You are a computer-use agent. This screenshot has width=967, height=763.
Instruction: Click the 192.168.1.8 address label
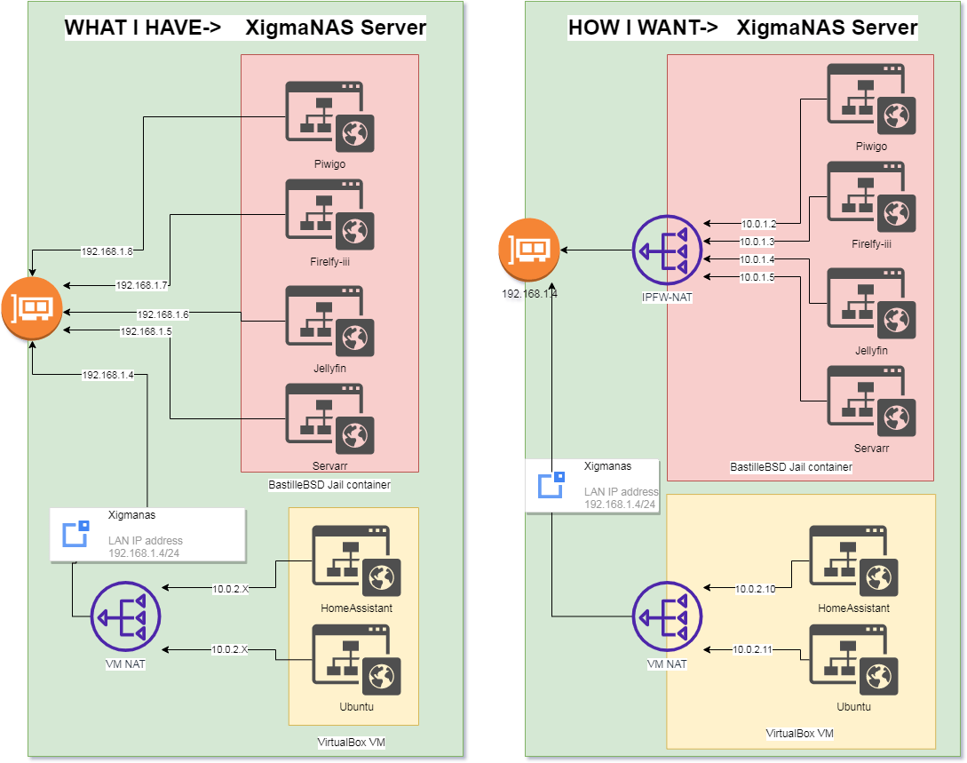[x=107, y=251]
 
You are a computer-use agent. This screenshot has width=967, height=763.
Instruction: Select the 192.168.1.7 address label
[x=142, y=285]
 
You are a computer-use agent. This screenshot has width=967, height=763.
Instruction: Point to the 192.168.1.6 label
[x=162, y=314]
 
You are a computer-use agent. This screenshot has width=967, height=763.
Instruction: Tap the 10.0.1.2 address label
[x=758, y=224]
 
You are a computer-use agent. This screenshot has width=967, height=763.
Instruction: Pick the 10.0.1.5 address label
[x=757, y=277]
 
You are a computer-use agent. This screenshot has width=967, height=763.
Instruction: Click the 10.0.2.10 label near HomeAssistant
[x=756, y=588]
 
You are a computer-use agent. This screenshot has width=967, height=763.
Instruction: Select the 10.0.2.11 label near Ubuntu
[x=753, y=650]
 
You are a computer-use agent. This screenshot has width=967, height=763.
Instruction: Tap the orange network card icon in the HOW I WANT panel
[x=527, y=250]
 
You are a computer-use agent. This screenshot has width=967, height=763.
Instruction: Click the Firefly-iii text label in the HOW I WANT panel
[x=870, y=243]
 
